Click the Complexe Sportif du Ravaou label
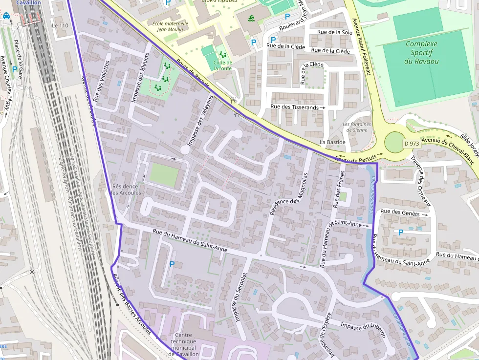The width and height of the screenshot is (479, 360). (421, 52)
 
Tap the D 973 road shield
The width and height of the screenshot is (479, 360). (412, 144)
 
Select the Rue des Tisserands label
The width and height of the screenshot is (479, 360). (295, 107)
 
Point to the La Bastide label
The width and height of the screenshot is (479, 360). (332, 142)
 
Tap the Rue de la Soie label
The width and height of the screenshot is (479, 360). (335, 32)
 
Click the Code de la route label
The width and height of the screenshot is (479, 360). (223, 65)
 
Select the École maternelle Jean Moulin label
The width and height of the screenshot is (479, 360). (170, 26)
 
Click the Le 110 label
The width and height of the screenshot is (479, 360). (60, 25)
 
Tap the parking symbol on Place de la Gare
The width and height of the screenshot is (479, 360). (15, 70)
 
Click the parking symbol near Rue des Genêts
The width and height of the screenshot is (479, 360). (401, 233)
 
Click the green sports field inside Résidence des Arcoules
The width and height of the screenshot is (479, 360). (164, 175)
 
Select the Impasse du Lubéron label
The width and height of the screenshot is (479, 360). (363, 330)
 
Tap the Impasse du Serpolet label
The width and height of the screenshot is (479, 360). (239, 303)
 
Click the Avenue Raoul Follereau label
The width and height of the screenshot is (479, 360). (362, 46)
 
